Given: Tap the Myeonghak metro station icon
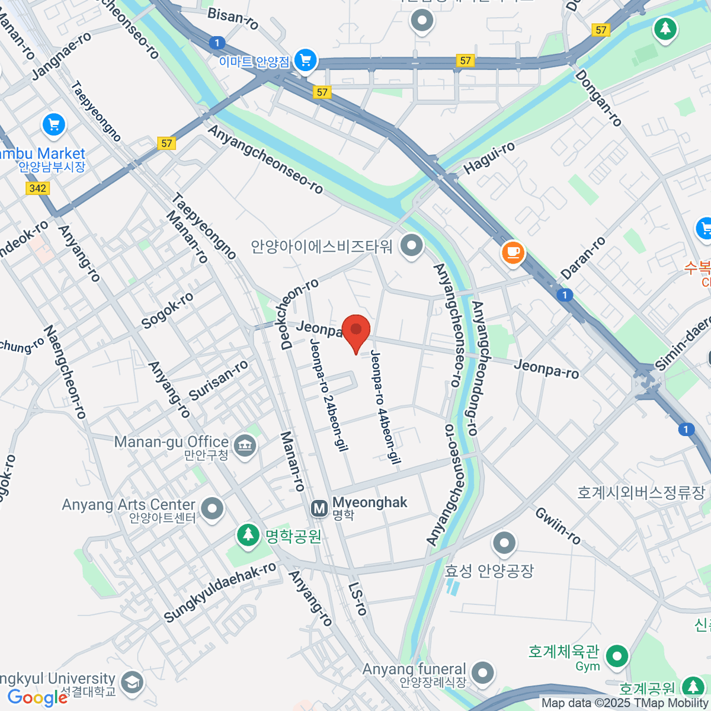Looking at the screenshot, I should click(319, 508).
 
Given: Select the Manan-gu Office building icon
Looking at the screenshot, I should click(245, 444).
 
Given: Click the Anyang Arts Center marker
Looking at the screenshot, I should click(212, 508).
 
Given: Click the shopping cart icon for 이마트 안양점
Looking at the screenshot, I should click(305, 60).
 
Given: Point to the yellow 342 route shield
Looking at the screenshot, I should click(37, 188).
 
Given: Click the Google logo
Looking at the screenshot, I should click(38, 697).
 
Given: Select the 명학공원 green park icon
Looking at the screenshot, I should click(248, 535).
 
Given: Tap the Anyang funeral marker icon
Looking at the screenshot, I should click(483, 672).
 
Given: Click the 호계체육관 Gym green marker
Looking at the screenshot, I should click(617, 656).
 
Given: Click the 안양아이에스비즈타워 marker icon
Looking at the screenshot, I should click(411, 245).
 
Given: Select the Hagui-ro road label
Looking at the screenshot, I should click(489, 158).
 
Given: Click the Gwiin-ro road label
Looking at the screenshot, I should click(558, 526).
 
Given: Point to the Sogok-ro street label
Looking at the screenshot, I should click(167, 310).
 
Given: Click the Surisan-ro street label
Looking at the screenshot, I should click(219, 380).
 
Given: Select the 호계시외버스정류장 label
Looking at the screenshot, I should click(641, 492).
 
